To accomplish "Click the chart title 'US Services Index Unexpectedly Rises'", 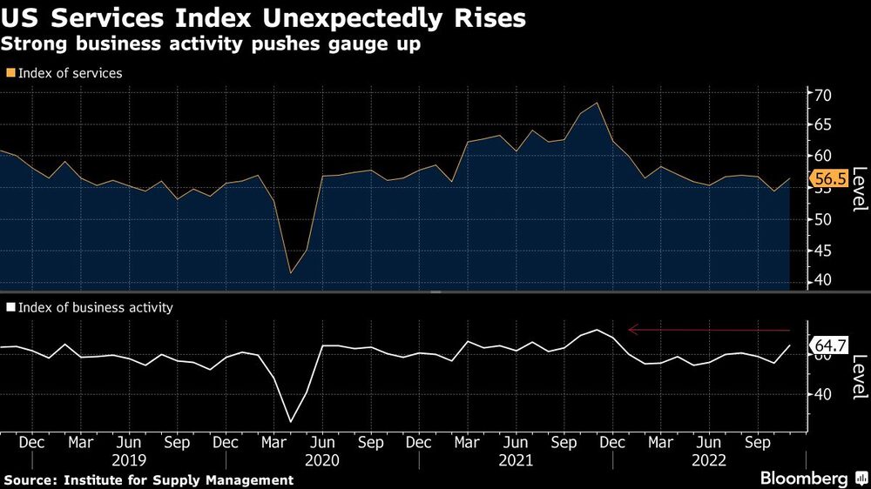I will [x=263, y=18].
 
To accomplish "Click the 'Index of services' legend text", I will [x=70, y=73].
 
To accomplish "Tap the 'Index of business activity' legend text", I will [x=95, y=307].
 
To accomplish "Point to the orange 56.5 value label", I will [x=828, y=180].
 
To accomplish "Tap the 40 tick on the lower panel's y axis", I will [x=823, y=394].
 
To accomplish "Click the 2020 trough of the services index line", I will [x=290, y=273].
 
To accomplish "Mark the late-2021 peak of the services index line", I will [x=597, y=104].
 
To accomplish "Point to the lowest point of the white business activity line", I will [x=290, y=422].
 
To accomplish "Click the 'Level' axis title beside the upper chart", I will [x=858, y=188].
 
